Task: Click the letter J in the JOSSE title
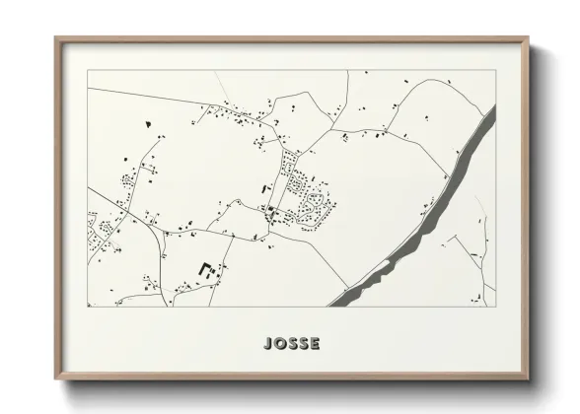(269, 343)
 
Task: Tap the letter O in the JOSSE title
(280, 343)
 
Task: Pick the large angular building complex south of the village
(207, 268)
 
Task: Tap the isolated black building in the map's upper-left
(148, 124)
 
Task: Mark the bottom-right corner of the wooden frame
(530, 379)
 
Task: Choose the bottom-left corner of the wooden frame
(56, 379)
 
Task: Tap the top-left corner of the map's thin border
(88, 70)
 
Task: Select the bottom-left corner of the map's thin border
(88, 306)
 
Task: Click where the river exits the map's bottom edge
(340, 305)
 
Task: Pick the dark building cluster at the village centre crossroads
(270, 210)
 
